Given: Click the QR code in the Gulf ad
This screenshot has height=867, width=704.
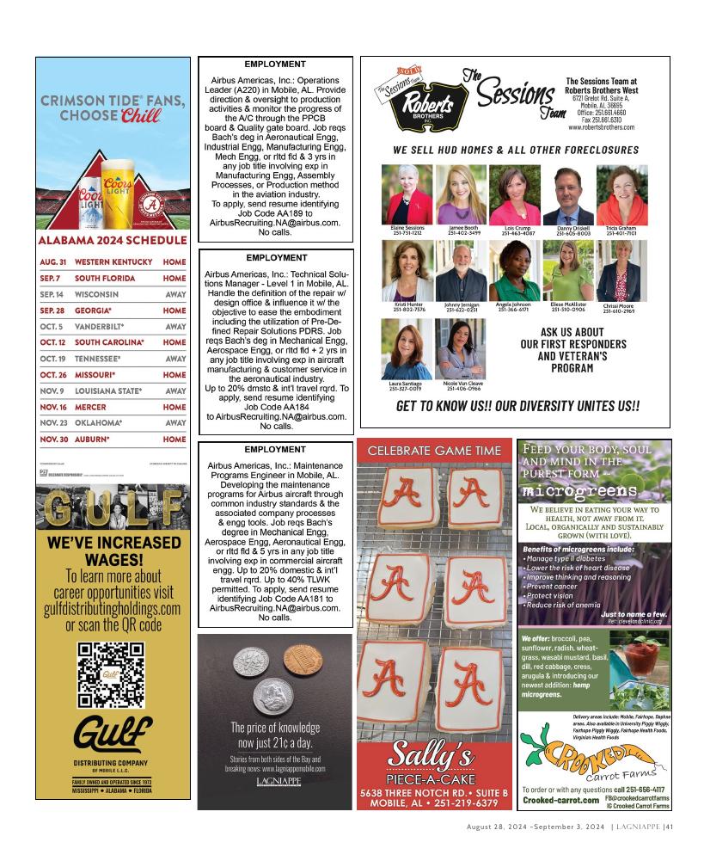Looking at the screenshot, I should point(112,674).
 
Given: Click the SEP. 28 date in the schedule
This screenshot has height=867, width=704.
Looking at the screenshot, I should point(52,311).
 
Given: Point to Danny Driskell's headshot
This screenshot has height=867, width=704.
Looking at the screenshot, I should point(574,196).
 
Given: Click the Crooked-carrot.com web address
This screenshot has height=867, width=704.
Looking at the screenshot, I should point(560,800).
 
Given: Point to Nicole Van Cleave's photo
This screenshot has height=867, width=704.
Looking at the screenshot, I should point(462,351).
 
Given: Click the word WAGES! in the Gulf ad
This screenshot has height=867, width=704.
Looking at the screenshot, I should point(113,560).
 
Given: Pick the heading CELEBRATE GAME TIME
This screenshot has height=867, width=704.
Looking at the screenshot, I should point(434,451).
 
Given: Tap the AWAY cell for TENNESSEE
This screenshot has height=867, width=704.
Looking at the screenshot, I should point(175,359).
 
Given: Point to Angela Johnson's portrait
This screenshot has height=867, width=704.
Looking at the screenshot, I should point(515,272).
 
